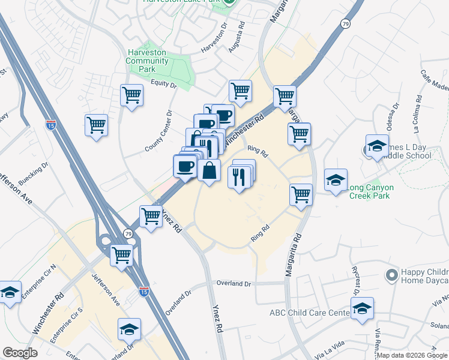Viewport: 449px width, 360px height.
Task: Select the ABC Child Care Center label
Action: (x=309, y=313)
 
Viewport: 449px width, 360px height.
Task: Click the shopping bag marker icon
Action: (x=209, y=171)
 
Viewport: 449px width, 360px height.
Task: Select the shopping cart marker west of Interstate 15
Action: (x=96, y=125)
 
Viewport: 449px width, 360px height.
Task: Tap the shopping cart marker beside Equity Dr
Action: (x=132, y=95)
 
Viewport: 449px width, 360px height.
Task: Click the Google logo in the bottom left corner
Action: (x=20, y=353)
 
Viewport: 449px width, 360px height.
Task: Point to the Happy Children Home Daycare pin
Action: (x=392, y=275)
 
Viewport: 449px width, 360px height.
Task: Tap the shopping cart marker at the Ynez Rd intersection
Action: (x=150, y=216)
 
